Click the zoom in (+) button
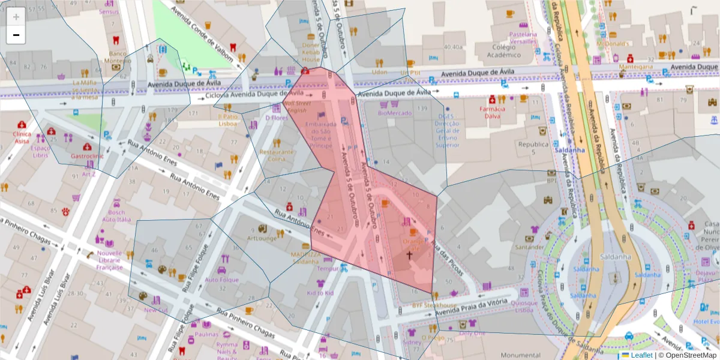click(16, 17)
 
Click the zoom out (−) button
click(16, 35)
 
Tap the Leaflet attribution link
click(641, 355)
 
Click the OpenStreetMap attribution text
click(690, 355)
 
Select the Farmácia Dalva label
click(492, 112)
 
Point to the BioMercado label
click(395, 112)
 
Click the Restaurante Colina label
click(277, 155)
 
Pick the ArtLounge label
click(262, 238)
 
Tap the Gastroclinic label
click(88, 155)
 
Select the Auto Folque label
click(221, 280)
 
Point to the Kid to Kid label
click(320, 293)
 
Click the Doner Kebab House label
click(311, 52)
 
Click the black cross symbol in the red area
click(410, 256)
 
